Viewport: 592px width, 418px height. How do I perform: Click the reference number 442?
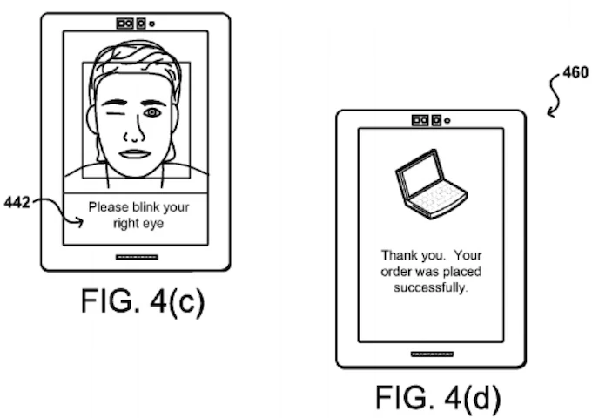click(x=17, y=203)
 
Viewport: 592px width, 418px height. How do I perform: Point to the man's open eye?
click(x=152, y=113)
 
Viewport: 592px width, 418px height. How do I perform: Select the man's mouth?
click(x=135, y=154)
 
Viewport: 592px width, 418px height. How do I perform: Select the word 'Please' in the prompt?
click(x=106, y=207)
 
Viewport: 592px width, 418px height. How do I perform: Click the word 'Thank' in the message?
click(x=398, y=255)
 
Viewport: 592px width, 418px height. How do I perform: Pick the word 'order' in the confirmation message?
click(x=398, y=272)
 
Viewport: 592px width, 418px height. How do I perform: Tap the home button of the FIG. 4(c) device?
click(x=135, y=257)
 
